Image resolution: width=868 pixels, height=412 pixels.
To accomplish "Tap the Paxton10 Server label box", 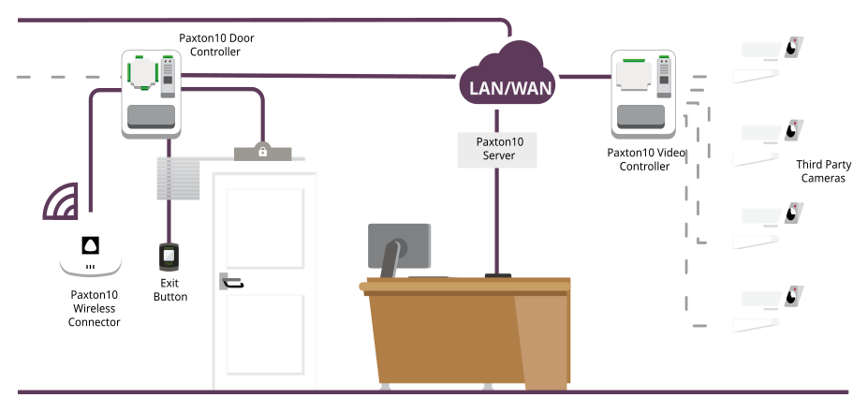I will click(497, 149).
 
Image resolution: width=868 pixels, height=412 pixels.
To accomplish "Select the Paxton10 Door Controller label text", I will click(216, 45).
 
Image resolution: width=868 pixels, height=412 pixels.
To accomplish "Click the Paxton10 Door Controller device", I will click(150, 95).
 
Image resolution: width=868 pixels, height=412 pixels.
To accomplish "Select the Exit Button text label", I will click(169, 289).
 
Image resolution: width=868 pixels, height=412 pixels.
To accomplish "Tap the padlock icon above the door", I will click(263, 151).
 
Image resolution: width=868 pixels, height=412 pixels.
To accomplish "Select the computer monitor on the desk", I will click(399, 248).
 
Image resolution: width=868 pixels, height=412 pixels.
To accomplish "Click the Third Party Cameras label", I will click(822, 171).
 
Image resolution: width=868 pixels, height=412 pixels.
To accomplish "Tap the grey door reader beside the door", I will click(178, 178).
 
